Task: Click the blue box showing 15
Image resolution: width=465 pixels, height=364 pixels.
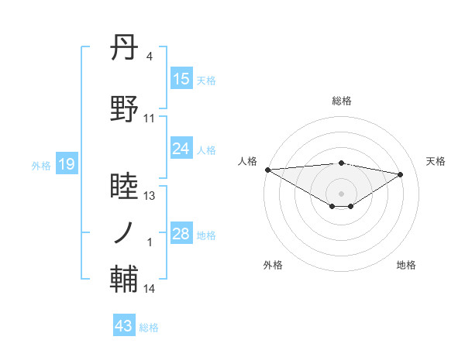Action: pyautogui.click(x=181, y=79)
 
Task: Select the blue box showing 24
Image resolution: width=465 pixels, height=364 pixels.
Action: pyautogui.click(x=181, y=149)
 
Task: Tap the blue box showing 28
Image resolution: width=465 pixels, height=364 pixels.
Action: pyautogui.click(x=181, y=235)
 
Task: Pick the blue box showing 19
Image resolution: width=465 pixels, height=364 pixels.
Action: pyautogui.click(x=67, y=164)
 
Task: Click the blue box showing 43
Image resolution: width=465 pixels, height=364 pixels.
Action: pyautogui.click(x=124, y=326)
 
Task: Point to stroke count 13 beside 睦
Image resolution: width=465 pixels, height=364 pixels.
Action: pyautogui.click(x=150, y=196)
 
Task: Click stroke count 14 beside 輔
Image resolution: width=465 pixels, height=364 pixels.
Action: pyautogui.click(x=150, y=289)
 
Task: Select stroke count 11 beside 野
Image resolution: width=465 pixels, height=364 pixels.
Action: pyautogui.click(x=150, y=118)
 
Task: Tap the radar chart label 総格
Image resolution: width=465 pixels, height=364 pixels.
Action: pyautogui.click(x=341, y=101)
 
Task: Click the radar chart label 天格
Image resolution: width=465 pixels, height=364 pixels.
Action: pyautogui.click(x=436, y=161)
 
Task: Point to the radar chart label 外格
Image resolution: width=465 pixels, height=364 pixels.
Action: pyautogui.click(x=273, y=265)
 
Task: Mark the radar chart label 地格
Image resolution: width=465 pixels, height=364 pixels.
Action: pyautogui.click(x=406, y=265)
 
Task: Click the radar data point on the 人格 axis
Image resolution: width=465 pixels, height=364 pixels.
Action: pyautogui.click(x=267, y=170)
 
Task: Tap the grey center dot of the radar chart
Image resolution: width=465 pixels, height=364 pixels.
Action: pyautogui.click(x=341, y=192)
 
